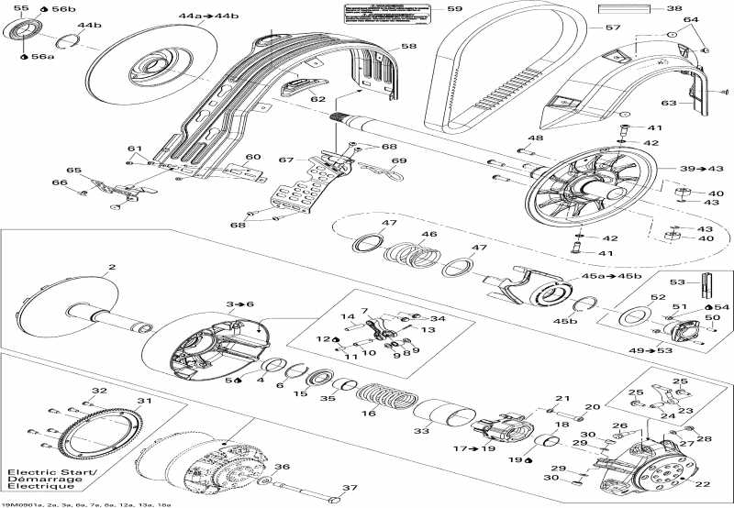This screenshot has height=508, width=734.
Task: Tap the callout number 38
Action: (x=674, y=8)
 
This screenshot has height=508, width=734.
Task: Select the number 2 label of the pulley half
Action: (x=112, y=269)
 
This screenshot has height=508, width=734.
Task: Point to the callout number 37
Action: (x=348, y=487)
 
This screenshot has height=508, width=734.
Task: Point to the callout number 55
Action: (x=20, y=8)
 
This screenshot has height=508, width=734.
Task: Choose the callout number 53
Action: (x=679, y=282)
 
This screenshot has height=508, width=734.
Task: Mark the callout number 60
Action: (x=253, y=157)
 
